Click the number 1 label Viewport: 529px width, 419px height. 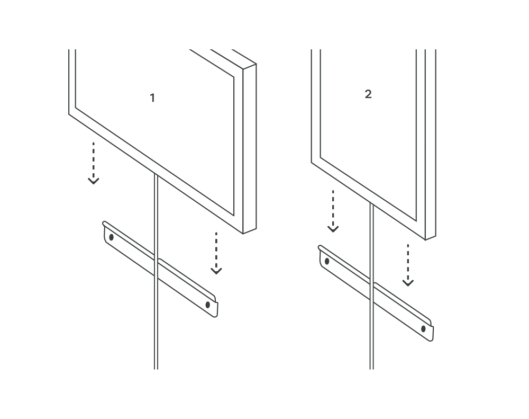152,98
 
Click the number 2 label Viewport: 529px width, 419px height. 368,94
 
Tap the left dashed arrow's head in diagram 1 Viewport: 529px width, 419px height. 94,181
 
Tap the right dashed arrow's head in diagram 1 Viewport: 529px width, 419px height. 216,271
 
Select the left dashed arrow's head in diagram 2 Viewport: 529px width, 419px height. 333,229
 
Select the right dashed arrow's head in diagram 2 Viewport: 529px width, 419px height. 408,282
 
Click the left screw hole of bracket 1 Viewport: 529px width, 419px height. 111,237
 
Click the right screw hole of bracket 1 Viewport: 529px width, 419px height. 208,305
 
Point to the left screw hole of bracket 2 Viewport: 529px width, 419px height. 327,261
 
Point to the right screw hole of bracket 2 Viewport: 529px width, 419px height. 423,329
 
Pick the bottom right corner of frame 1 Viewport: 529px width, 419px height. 243,234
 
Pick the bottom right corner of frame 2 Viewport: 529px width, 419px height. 425,240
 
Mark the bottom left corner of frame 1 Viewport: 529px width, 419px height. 69,114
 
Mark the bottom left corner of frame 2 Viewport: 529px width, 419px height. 312,163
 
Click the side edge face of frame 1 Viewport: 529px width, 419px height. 250,149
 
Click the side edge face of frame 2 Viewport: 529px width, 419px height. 431,145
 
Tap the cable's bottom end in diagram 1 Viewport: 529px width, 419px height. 156,369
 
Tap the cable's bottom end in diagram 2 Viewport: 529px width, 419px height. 371,369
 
